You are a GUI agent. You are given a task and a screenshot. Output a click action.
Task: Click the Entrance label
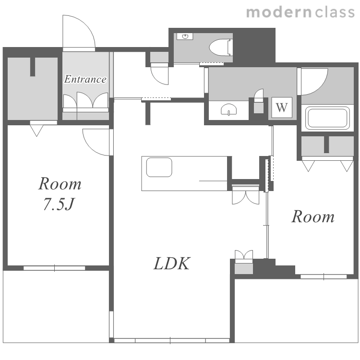tap(85, 79)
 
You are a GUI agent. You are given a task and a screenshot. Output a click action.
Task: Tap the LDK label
tap(172, 264)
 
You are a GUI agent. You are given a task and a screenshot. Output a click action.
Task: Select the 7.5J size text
tap(59, 204)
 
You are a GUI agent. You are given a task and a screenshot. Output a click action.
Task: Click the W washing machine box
tap(282, 107)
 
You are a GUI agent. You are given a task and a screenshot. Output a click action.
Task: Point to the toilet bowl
tap(220, 48)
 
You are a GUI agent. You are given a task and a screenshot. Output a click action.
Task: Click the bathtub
tap(327, 118)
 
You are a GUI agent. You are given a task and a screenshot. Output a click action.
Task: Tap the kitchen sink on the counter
tap(159, 167)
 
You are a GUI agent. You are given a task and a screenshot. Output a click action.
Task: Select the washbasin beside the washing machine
tap(228, 110)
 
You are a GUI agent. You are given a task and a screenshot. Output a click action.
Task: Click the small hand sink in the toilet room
tap(185, 36)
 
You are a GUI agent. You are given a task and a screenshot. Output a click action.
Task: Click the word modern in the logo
tap(278, 12)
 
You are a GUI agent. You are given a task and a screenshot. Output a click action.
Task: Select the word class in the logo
tap(335, 12)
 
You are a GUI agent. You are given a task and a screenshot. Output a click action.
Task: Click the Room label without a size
tap(312, 216)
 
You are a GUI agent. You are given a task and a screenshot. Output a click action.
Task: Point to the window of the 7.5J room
tap(54, 268)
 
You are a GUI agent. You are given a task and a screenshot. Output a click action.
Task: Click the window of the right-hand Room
tap(324, 276)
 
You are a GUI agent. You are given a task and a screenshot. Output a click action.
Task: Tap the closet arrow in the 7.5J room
tap(36, 131)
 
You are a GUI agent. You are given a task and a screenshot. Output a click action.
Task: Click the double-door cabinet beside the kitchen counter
tap(245, 195)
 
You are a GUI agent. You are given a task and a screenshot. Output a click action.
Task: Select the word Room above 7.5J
tap(60, 184)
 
